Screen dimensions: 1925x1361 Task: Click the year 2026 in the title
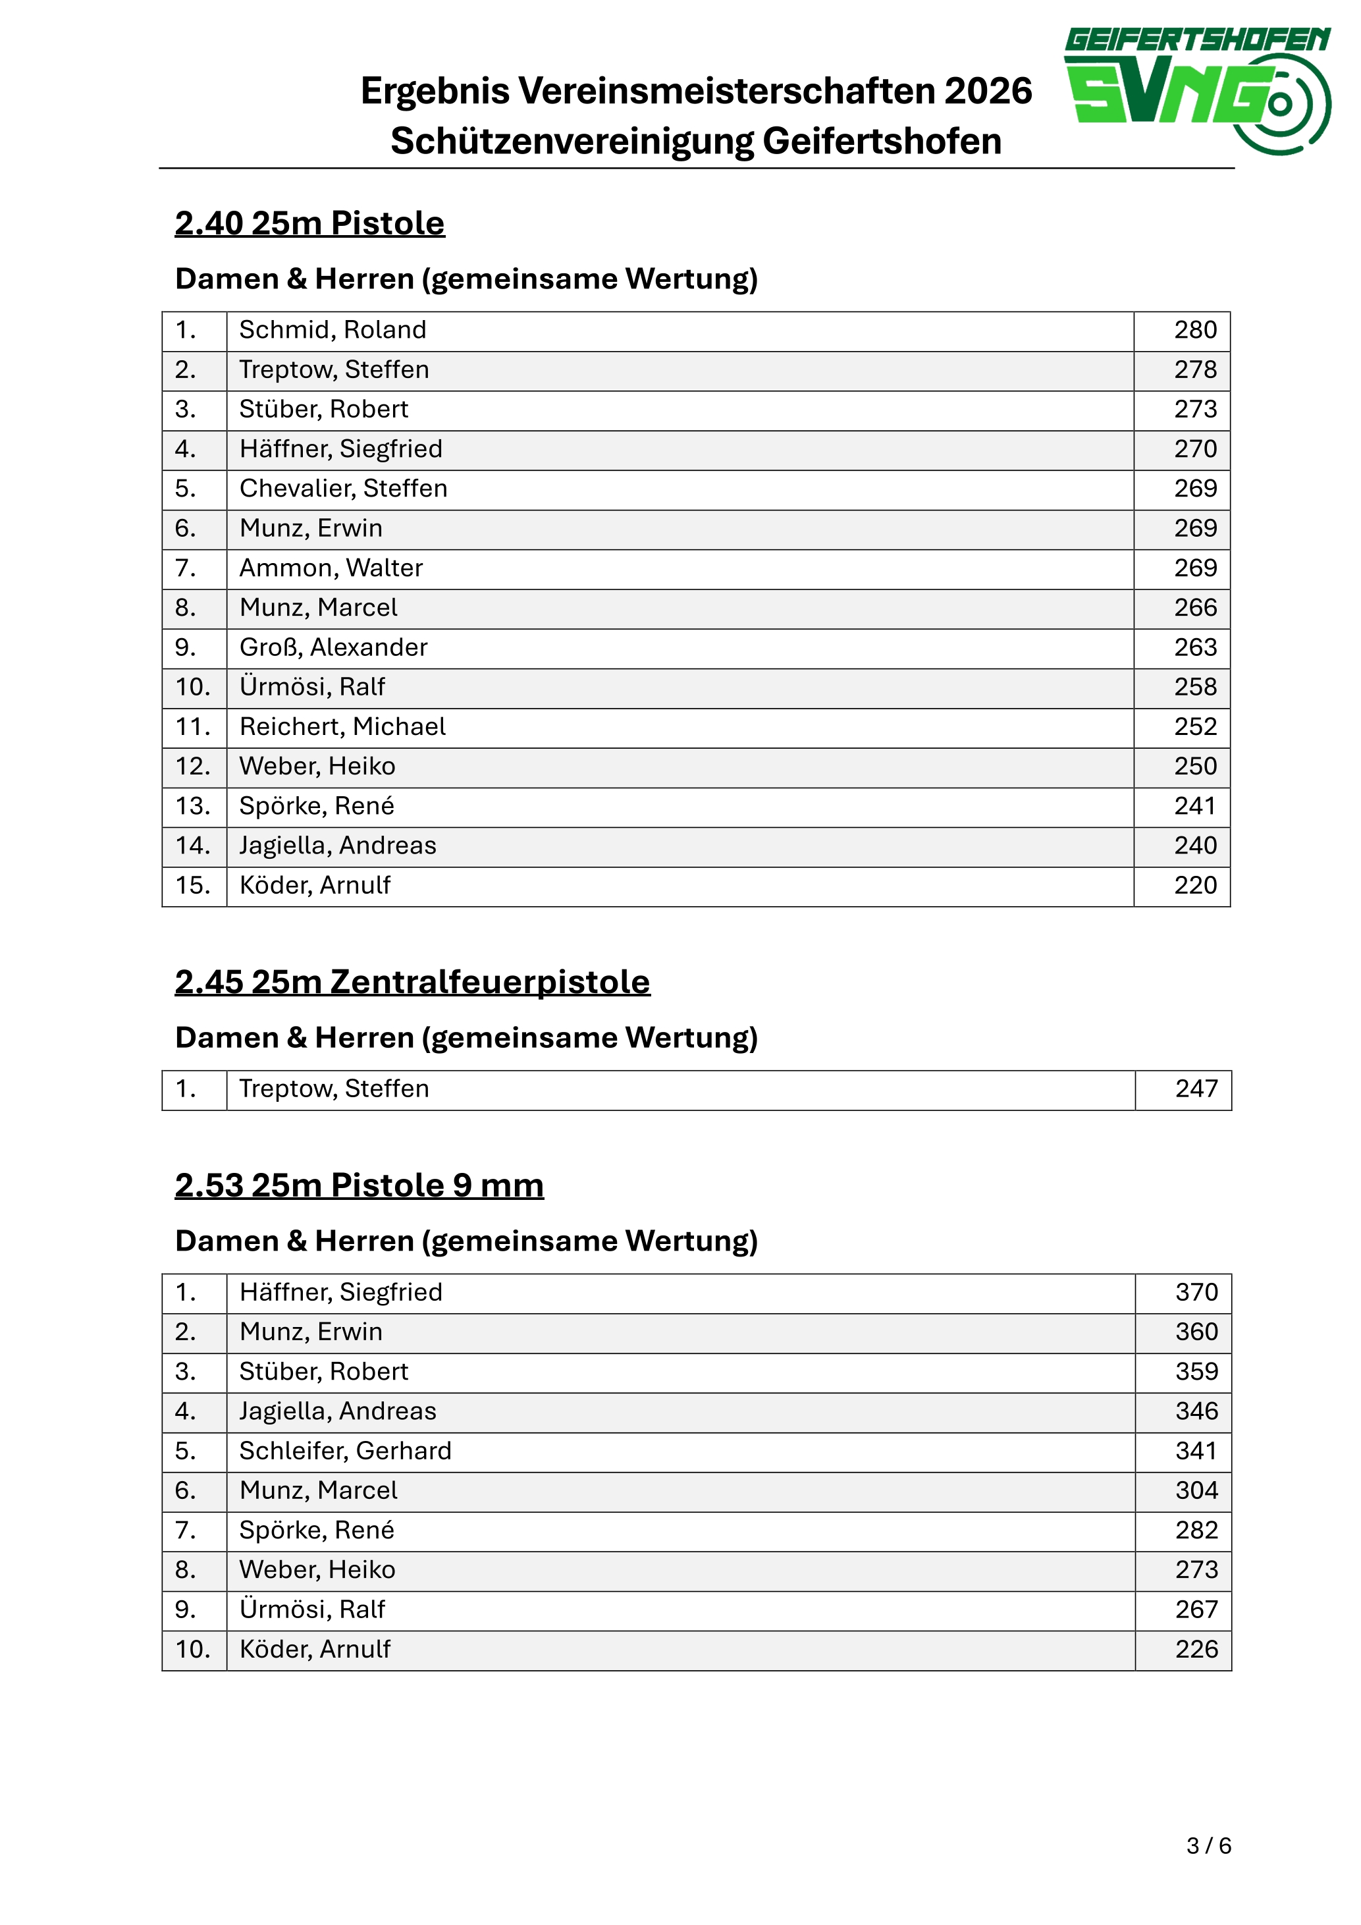[x=988, y=90]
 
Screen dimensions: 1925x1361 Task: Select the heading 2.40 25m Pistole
[x=309, y=223]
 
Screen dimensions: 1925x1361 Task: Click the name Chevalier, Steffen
[x=343, y=489]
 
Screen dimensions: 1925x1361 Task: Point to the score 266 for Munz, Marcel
[x=1194, y=608]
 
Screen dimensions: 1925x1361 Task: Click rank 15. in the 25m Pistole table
[x=193, y=885]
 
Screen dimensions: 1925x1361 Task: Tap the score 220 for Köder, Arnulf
[x=1194, y=885]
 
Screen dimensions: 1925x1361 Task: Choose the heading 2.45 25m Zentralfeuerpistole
[x=412, y=982]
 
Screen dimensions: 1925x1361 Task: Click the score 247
[x=1195, y=1089]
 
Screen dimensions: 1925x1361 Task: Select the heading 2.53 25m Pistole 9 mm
[x=359, y=1185]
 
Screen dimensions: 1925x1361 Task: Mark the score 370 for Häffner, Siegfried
[x=1195, y=1293]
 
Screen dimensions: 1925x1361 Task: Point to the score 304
[x=1195, y=1491]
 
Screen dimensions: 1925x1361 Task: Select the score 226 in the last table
[x=1195, y=1649]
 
